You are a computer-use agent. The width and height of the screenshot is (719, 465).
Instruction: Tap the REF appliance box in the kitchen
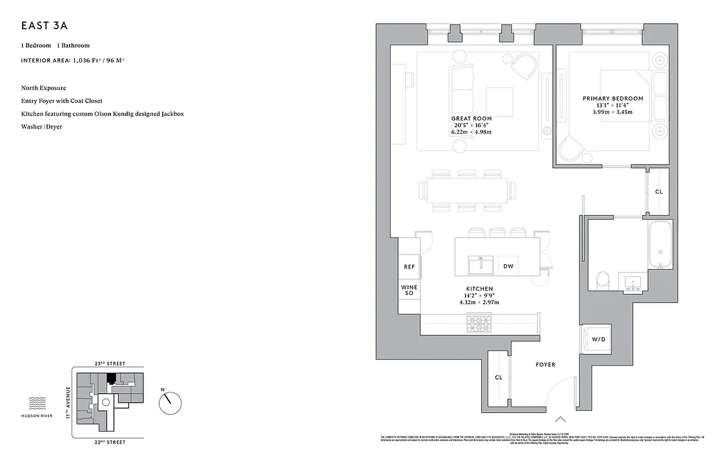point(409,267)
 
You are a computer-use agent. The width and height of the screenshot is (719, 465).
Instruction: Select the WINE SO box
point(409,291)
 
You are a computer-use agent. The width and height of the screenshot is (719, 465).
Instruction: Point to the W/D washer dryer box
point(598,339)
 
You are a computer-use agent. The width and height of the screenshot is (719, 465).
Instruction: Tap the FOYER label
point(545,364)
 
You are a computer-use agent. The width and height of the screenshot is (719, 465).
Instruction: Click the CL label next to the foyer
point(498,377)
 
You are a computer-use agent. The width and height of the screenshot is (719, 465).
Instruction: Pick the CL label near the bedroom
point(659,191)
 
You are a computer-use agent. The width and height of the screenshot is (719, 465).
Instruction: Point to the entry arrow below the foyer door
point(561,419)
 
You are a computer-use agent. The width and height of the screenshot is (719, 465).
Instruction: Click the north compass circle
point(170,400)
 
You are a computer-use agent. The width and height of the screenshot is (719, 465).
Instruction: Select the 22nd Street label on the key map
point(110,442)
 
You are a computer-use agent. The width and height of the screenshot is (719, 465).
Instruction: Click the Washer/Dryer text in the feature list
point(41,126)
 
